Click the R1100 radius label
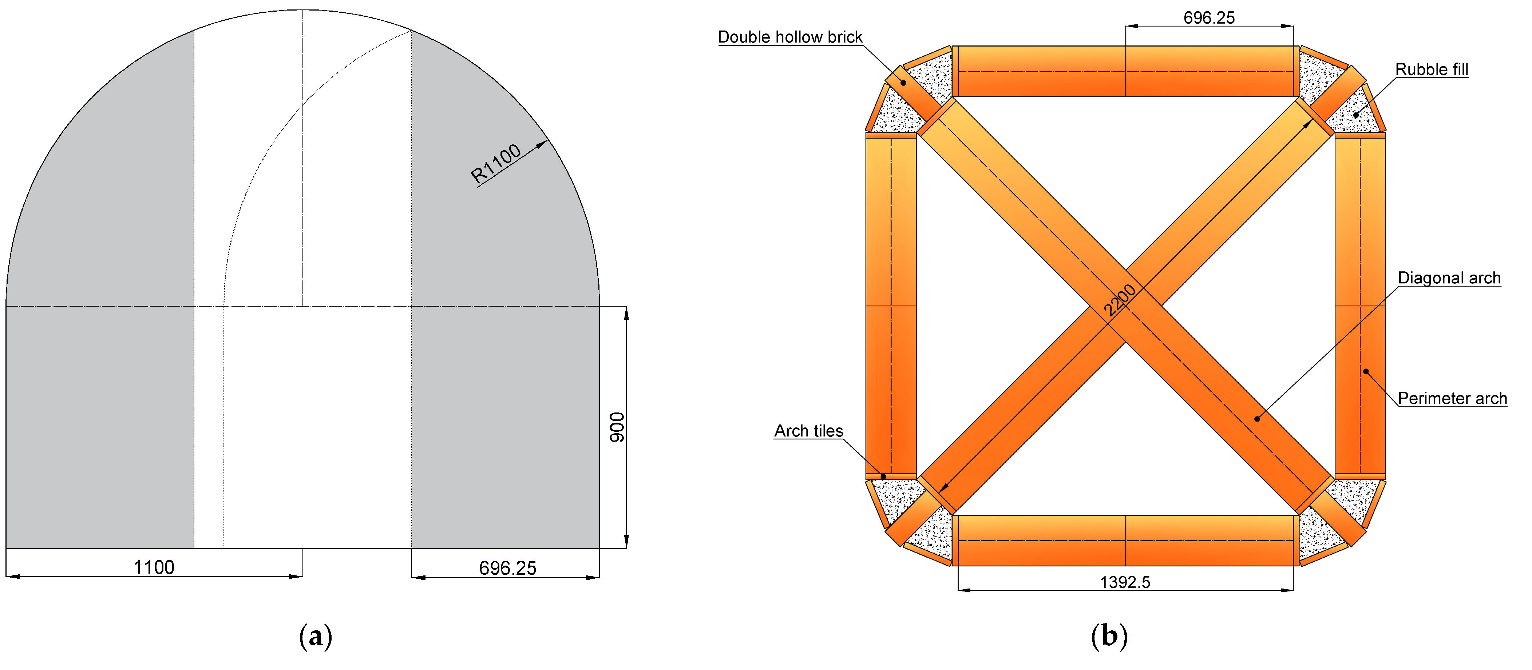coord(495,163)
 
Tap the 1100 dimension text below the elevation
coord(154,567)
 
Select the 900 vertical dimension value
coord(617,427)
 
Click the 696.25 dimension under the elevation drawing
coord(507,568)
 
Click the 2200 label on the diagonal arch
coord(1119,300)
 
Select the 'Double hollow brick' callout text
coord(790,37)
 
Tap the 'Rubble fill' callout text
coord(1432,69)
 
